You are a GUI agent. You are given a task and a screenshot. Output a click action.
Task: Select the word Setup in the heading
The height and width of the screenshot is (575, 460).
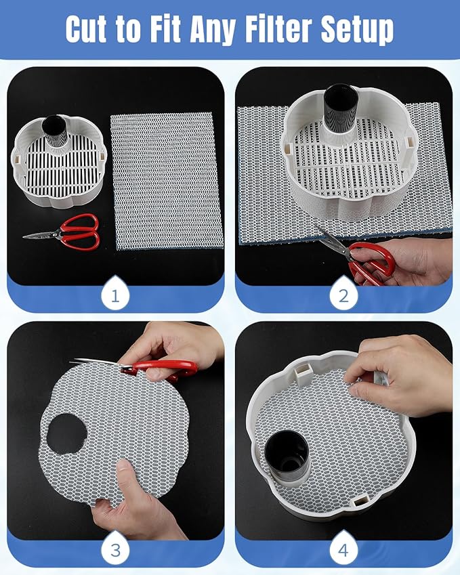click(x=357, y=30)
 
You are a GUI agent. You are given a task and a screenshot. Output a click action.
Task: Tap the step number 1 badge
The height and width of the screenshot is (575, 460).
click(x=115, y=295)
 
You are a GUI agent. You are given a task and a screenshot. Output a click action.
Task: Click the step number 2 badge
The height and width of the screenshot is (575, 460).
click(x=343, y=295)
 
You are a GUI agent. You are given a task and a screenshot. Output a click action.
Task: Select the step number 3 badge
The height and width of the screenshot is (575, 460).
click(x=115, y=549)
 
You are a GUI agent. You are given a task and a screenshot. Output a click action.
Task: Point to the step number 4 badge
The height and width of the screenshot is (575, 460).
click(x=343, y=549)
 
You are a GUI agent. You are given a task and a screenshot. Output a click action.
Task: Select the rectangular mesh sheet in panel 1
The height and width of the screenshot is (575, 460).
click(x=167, y=181)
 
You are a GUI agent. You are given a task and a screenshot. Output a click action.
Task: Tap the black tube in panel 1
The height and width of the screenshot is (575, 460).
click(x=55, y=130)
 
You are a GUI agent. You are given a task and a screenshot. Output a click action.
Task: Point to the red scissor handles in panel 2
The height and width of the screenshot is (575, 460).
click(x=371, y=262)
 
